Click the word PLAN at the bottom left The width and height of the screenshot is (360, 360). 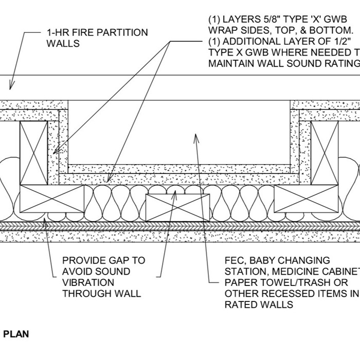pos(16,334)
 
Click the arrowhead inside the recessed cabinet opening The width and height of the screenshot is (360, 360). pos(195,136)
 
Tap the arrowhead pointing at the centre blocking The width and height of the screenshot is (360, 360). pos(175,192)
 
